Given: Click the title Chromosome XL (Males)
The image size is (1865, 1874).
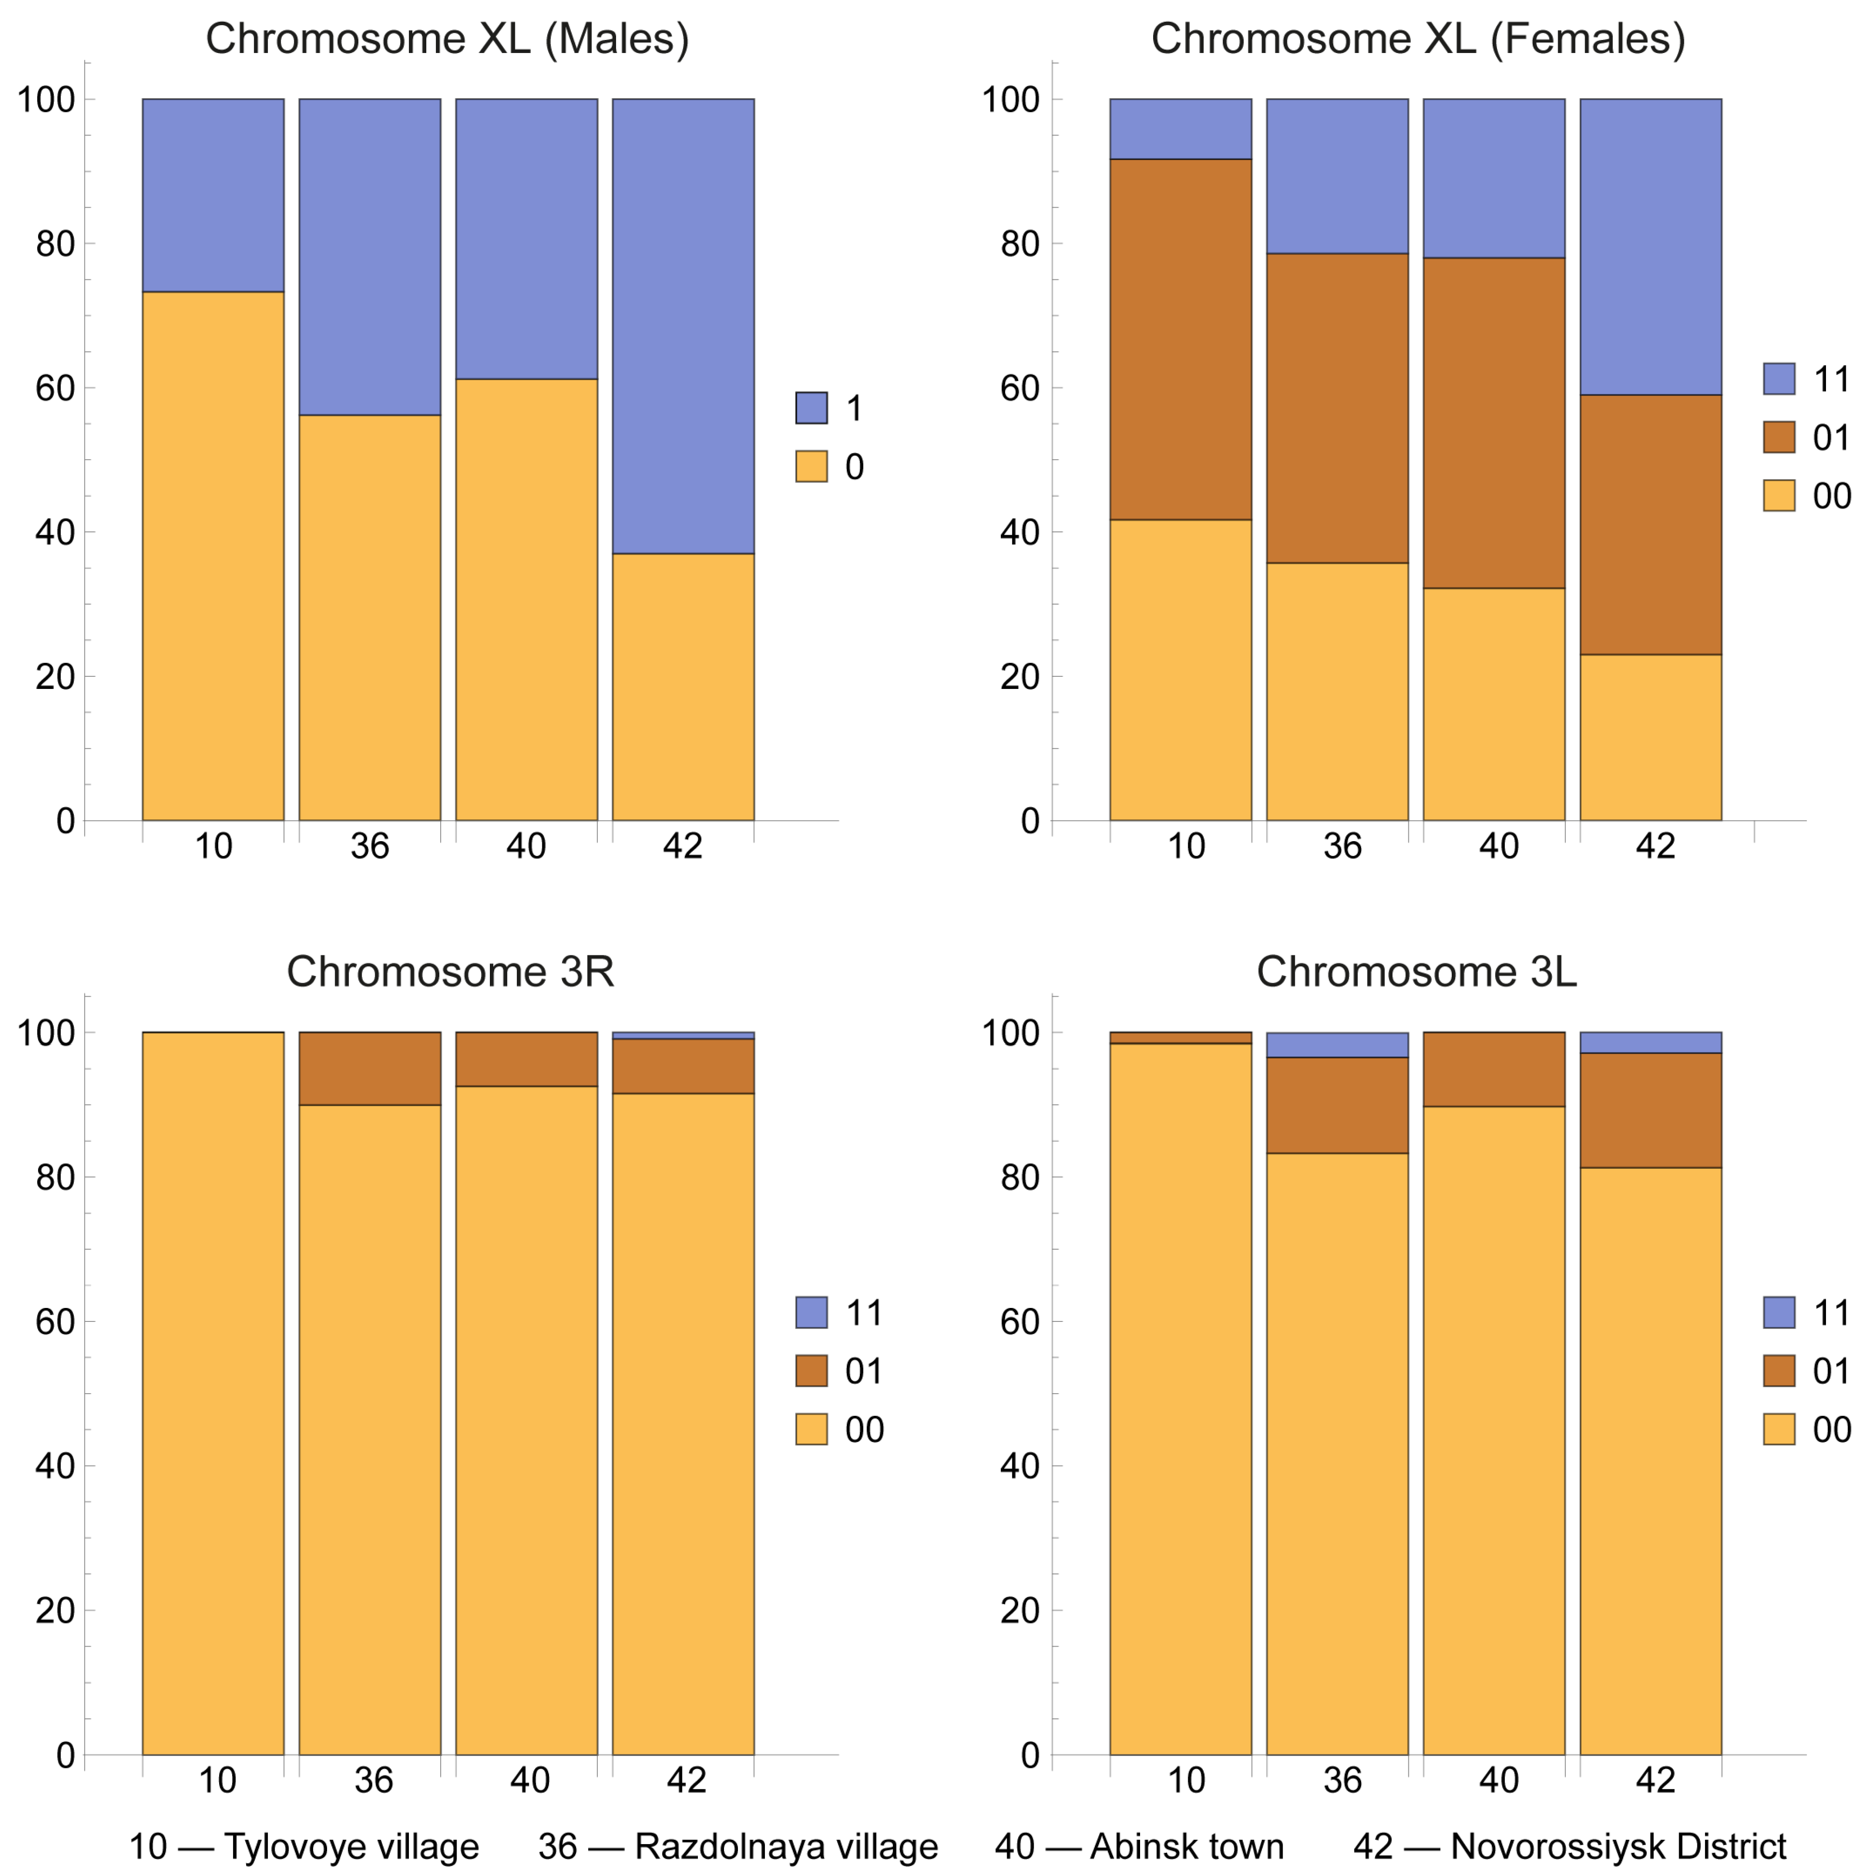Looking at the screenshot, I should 447,40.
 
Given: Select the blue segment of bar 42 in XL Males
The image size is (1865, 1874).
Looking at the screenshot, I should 683,325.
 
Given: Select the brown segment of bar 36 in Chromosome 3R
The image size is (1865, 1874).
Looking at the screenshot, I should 369,1068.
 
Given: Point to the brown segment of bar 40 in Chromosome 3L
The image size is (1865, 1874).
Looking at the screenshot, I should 1494,1069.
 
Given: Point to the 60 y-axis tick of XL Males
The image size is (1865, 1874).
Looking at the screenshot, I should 55,388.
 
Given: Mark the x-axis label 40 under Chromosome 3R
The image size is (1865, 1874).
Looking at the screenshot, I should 529,1780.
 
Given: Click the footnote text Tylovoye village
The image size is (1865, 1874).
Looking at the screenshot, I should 351,1846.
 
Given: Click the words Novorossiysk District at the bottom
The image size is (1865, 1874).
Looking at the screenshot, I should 1618,1846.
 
